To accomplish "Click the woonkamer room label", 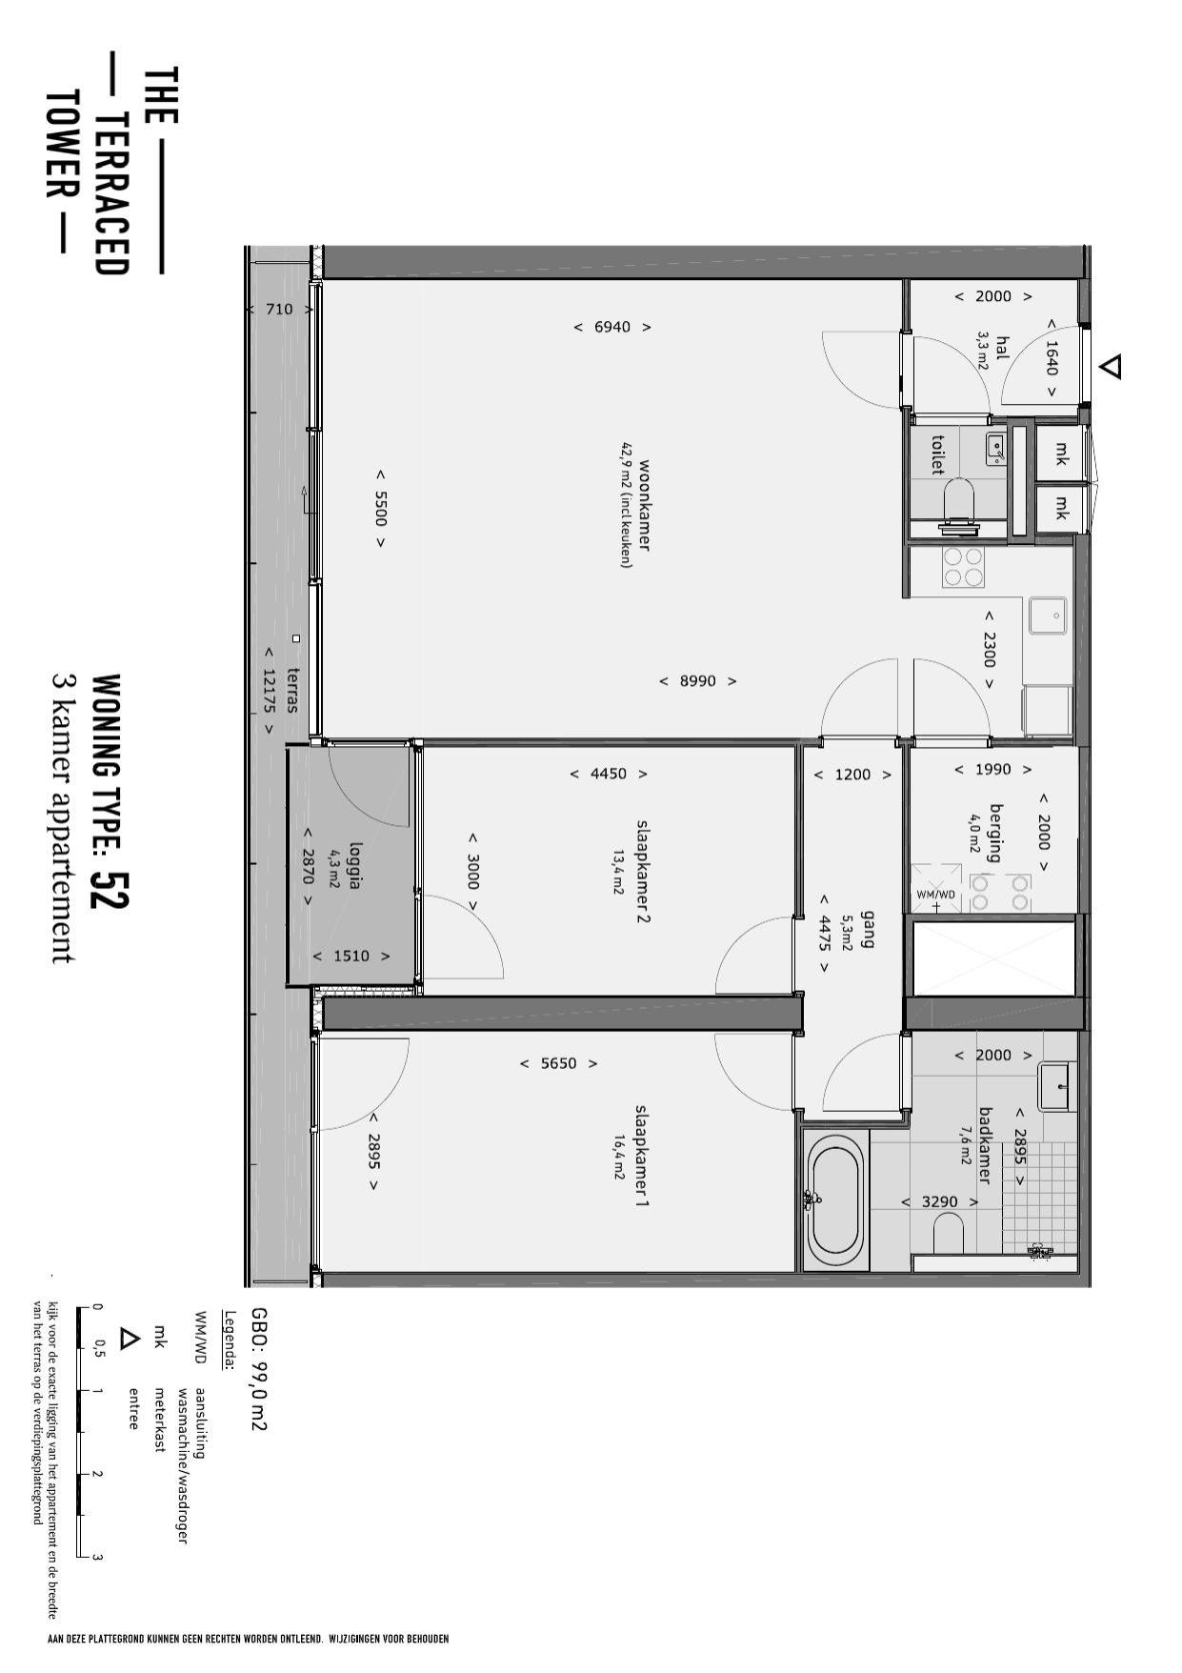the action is pos(645,505).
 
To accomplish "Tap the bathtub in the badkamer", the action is pos(836,1199).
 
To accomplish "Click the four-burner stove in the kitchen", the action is pos(963,567).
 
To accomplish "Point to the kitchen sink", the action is pos(1049,615).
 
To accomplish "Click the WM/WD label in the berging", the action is pos(935,895).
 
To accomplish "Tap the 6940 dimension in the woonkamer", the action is pos(612,327).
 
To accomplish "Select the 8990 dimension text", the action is pos(698,681).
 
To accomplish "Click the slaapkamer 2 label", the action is pos(643,872).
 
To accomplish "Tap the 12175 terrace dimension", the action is pos(269,691).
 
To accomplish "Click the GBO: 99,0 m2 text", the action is pos(258,1368).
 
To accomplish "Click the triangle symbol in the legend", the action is pos(129,1339).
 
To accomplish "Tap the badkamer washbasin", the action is pos(1054,1086).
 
